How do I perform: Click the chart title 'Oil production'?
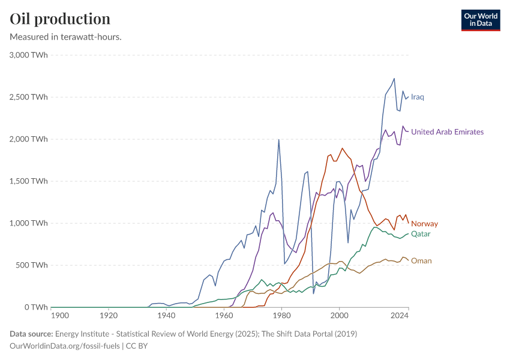(60, 19)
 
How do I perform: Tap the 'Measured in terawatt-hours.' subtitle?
(66, 37)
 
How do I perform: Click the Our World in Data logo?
(481, 20)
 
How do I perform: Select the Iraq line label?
(418, 97)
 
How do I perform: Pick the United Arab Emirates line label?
(447, 132)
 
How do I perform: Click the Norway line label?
(424, 224)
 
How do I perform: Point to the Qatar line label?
(421, 233)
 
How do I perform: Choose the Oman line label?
(421, 261)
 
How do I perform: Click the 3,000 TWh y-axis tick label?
(29, 55)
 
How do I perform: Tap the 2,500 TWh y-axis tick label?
(29, 97)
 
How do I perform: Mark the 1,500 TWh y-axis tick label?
(29, 181)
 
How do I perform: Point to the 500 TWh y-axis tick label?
(31, 265)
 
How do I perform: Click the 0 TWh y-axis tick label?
(36, 307)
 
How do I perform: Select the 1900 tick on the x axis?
(60, 315)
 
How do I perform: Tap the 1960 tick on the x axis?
(224, 315)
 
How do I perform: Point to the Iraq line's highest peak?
(394, 78)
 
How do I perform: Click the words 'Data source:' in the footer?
(31, 334)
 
